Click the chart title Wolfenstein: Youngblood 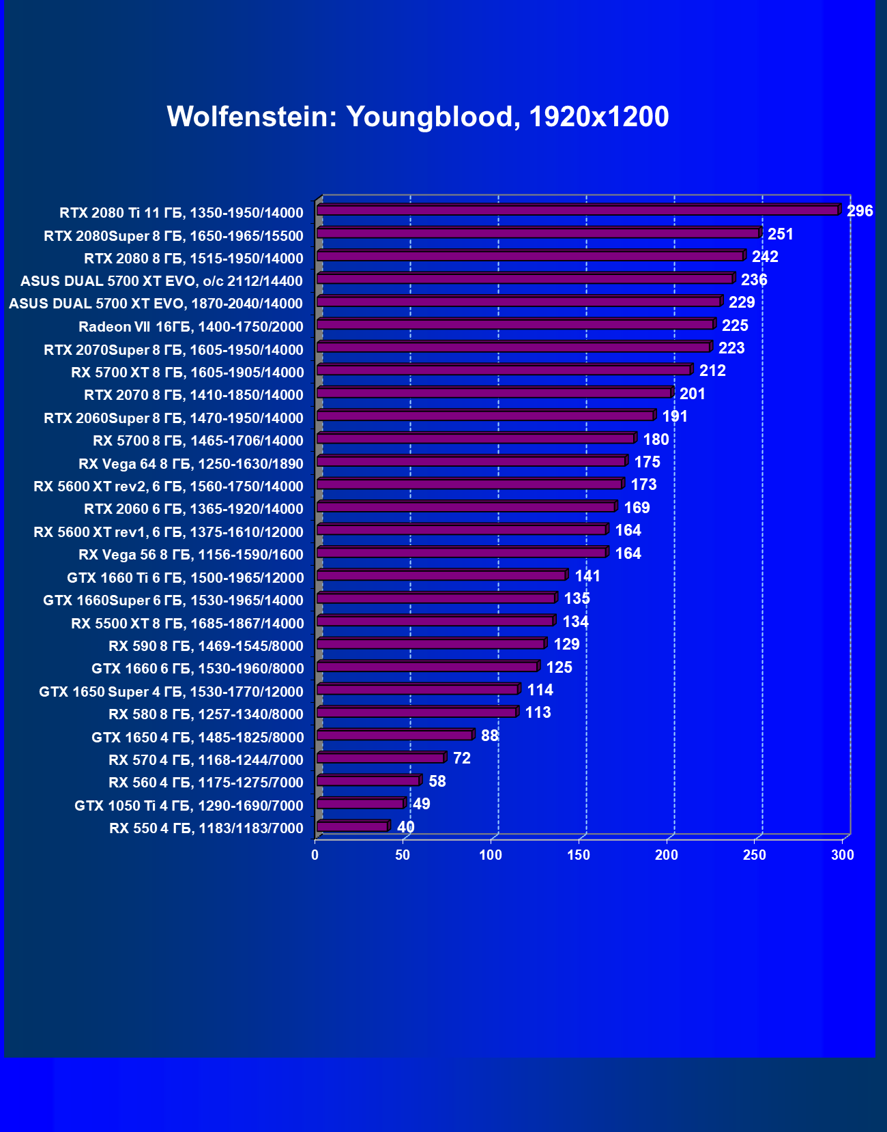pos(418,117)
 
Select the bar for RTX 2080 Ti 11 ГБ pos(578,210)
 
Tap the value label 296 pos(860,211)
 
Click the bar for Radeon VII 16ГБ pos(515,324)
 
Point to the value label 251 pos(781,234)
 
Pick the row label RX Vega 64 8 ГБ pos(191,464)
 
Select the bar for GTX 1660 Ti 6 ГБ pos(441,575)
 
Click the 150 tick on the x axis pos(579,855)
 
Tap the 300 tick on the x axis pos(843,855)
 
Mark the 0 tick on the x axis pos(315,855)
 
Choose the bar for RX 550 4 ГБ pos(353,826)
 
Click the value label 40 pos(405,827)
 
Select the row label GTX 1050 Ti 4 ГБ pos(189,806)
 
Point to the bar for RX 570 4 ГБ pos(381,757)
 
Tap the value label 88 pos(489,736)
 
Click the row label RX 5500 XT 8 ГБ pos(188,624)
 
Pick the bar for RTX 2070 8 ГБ pos(494,393)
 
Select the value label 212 pos(712,371)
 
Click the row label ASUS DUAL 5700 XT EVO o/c pos(162,281)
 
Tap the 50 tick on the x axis pos(403,855)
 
